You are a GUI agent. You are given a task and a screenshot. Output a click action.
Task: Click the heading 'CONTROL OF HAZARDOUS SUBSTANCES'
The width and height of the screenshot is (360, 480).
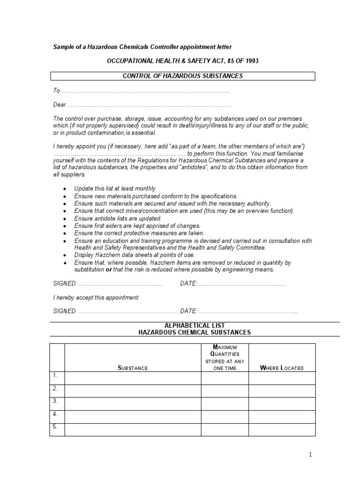pyautogui.click(x=182, y=76)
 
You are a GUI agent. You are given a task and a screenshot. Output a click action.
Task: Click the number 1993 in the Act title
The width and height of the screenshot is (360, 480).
pyautogui.click(x=248, y=61)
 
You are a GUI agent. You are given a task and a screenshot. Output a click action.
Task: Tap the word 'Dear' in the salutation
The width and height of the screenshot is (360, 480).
pyautogui.click(x=60, y=105)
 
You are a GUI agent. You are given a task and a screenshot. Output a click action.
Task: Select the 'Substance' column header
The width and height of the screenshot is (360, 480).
pyautogui.click(x=133, y=368)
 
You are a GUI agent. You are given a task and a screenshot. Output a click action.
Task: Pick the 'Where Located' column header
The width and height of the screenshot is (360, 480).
pyautogui.click(x=282, y=368)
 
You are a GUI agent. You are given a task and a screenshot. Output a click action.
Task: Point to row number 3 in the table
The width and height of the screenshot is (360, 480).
pyautogui.click(x=55, y=401)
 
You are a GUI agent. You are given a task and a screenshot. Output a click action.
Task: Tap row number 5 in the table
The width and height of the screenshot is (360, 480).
pyautogui.click(x=55, y=427)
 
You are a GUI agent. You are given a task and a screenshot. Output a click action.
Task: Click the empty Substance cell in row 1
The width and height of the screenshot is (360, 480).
pyautogui.click(x=133, y=378)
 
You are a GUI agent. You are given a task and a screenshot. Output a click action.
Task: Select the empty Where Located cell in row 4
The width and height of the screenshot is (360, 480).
pyautogui.click(x=282, y=417)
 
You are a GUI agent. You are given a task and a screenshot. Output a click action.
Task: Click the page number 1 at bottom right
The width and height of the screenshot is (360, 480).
pyautogui.click(x=310, y=454)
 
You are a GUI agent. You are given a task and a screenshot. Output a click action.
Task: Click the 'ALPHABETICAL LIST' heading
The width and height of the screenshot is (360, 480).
pyautogui.click(x=194, y=325)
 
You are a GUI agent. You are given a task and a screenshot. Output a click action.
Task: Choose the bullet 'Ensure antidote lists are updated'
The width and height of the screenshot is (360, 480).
pyautogui.click(x=118, y=218)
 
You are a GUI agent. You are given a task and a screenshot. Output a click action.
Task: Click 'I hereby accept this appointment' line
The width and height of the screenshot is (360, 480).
pyautogui.click(x=96, y=298)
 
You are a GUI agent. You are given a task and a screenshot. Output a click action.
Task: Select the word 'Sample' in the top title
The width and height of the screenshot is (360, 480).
pyautogui.click(x=62, y=47)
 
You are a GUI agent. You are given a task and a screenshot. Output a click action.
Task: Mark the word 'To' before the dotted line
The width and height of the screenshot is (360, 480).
pyautogui.click(x=57, y=90)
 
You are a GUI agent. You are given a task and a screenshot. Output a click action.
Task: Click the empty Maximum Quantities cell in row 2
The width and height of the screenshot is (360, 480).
pyautogui.click(x=225, y=391)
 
